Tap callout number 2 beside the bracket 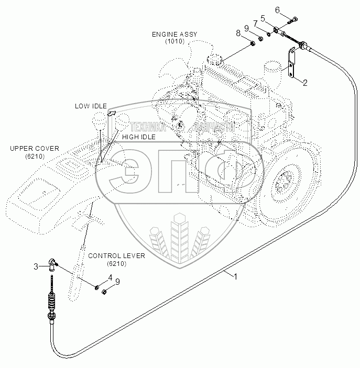(x=305, y=82)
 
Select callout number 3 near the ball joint (x=37, y=266)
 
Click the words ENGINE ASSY (x=174, y=34)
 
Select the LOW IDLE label (x=90, y=106)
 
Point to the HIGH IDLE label (x=138, y=137)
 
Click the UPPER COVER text (x=35, y=148)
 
